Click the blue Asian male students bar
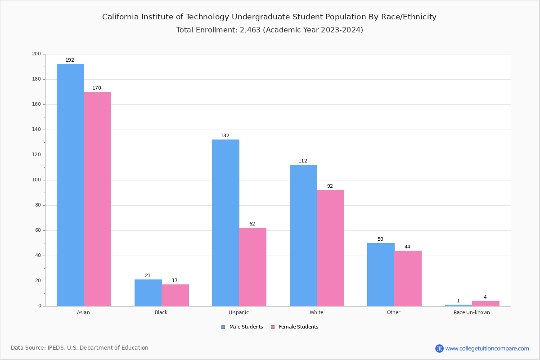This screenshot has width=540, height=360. pos(70,185)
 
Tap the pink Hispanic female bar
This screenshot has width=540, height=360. pos(252,267)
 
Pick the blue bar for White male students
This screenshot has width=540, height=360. pos(303,235)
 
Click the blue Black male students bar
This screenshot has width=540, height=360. pos(148,292)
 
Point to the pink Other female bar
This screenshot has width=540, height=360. pos(408,278)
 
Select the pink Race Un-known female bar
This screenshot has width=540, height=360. pos(486,303)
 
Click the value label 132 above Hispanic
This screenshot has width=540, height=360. pos(225,136)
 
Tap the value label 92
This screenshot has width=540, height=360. pos(330,186)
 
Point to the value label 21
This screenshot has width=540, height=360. pos(148,276)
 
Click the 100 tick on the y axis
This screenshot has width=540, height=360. pos(36,180)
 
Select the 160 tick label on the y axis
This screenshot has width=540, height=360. pos(36,104)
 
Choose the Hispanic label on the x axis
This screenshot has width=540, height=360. pos(238,312)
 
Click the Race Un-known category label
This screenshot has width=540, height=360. pos(472,312)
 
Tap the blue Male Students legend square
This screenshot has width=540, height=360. pos(223,327)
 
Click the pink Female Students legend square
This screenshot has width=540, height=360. pos(273,327)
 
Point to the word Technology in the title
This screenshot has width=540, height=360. pos(207,17)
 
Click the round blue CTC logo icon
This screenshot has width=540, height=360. pos(439,348)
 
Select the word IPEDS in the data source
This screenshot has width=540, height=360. pos(56,348)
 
